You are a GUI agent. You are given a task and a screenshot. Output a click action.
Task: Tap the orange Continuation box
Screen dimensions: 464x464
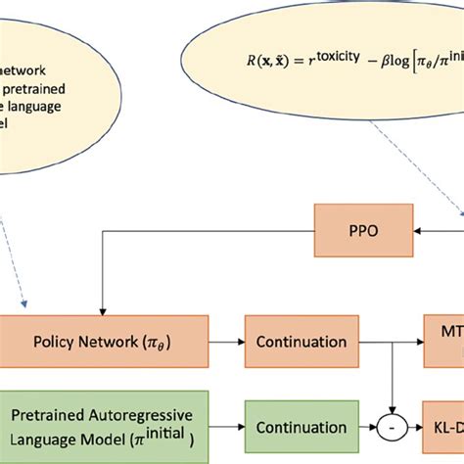[301, 342]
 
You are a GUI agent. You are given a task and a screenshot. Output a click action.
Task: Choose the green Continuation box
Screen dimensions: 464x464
[301, 428]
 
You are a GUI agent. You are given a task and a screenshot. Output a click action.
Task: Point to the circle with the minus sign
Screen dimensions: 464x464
[394, 428]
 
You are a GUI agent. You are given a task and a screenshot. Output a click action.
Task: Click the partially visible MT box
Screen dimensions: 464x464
[444, 342]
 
